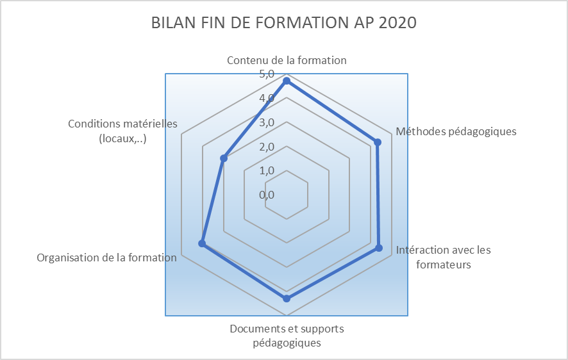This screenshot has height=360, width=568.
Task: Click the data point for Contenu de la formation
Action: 287,81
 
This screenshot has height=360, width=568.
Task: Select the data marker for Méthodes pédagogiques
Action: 378,142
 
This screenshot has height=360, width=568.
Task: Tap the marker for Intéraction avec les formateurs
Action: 379,248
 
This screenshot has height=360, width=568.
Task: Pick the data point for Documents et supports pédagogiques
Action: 287,299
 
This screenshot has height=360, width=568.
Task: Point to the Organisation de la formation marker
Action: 202,243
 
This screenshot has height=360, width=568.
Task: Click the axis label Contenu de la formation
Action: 287,60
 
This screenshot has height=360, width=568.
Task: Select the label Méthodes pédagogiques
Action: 456,131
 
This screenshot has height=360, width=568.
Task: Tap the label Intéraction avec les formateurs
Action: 443,257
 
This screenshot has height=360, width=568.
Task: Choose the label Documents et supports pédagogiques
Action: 287,336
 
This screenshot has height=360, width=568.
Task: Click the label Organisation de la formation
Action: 106,258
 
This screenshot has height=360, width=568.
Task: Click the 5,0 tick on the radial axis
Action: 267,74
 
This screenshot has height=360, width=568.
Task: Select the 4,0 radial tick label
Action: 267,99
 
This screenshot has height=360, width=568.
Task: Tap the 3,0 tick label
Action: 267,123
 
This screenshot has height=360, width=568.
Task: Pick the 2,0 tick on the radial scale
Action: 267,147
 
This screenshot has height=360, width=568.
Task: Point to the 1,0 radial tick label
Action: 267,171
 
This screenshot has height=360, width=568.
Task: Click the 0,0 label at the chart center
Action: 267,195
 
